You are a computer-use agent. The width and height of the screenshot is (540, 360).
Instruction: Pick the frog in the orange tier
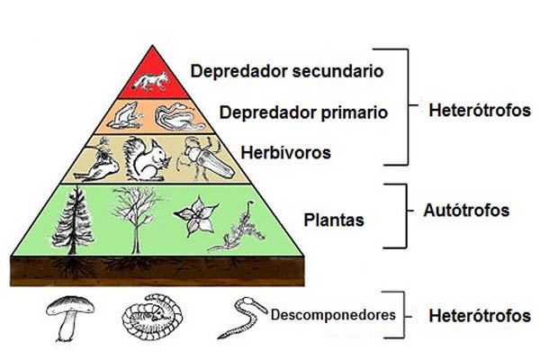pyautogui.click(x=125, y=115)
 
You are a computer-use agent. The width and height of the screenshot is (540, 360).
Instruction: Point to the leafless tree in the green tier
pyautogui.click(x=135, y=216)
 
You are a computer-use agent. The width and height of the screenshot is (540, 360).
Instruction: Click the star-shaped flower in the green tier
pyautogui.click(x=194, y=217)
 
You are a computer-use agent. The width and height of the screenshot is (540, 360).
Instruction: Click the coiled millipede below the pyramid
pyautogui.click(x=148, y=318)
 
